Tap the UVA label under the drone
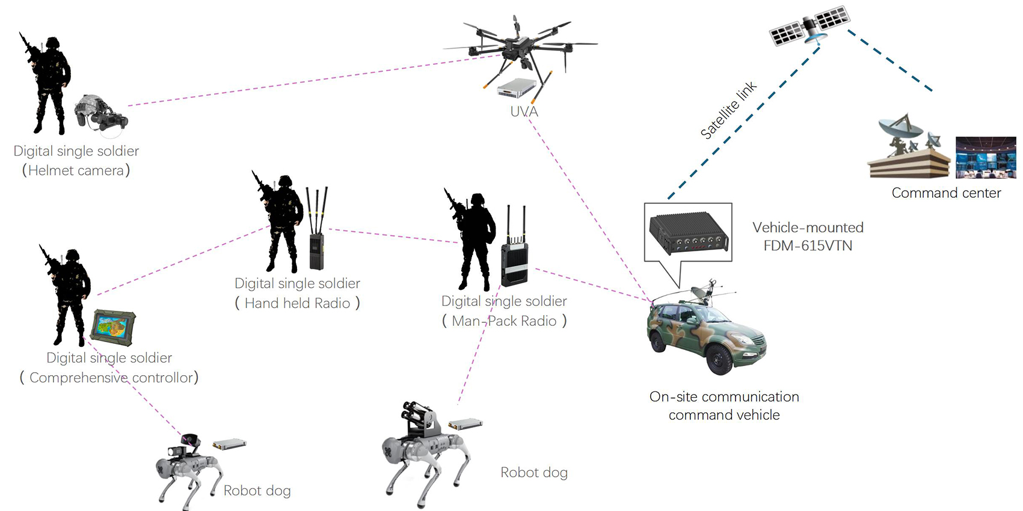point(524,112)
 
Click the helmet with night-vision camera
point(100,112)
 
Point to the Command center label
point(946,193)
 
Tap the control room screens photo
point(986,158)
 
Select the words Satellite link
point(728,111)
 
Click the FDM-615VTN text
point(808,246)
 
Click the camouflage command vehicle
point(705,334)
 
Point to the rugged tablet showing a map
point(113,328)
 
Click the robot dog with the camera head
point(186,466)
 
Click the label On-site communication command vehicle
point(724,406)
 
